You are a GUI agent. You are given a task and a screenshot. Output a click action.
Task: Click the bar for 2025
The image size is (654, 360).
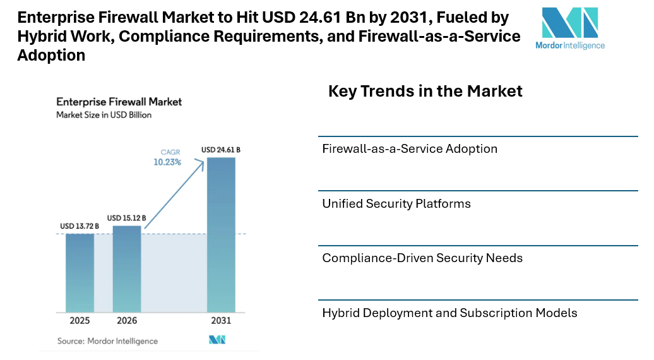pyautogui.click(x=80, y=273)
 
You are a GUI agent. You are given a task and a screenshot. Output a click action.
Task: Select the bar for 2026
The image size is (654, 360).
pyautogui.click(x=127, y=269)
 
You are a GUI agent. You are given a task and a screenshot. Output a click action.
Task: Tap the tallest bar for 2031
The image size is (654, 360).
pyautogui.click(x=221, y=235)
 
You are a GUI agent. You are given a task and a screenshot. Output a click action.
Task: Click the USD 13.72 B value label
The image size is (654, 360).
pyautogui.click(x=80, y=226)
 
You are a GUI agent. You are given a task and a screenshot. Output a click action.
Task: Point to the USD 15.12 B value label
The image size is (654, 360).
pyautogui.click(x=127, y=218)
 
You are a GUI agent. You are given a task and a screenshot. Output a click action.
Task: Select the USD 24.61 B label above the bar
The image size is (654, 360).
pyautogui.click(x=221, y=150)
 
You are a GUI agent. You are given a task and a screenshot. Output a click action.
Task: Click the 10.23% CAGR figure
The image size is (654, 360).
pyautogui.click(x=167, y=162)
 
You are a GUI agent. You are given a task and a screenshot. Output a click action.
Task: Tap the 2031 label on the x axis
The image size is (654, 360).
pyautogui.click(x=221, y=321)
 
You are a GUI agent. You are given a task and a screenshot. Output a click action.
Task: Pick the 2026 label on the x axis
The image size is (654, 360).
pyautogui.click(x=127, y=321)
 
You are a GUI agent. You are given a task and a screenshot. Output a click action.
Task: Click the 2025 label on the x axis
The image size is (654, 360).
pyautogui.click(x=80, y=321)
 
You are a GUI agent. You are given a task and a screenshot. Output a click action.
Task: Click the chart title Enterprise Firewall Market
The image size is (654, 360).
pyautogui.click(x=119, y=102)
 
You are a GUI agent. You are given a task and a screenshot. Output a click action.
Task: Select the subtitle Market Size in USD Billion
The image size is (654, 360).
pyautogui.click(x=104, y=115)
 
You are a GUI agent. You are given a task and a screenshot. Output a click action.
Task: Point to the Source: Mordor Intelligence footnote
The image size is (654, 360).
pyautogui.click(x=107, y=341)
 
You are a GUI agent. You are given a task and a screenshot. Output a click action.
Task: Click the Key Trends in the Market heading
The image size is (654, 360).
pyautogui.click(x=425, y=91)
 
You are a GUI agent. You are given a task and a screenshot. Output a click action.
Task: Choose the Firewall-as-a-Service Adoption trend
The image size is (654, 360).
pyautogui.click(x=410, y=149)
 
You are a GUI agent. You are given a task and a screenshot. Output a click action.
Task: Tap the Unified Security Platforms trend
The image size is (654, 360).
pyautogui.click(x=396, y=204)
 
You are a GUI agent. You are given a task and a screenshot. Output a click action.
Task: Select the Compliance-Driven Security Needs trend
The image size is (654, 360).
pyautogui.click(x=422, y=258)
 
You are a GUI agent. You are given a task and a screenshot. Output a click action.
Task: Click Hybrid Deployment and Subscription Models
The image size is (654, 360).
pyautogui.click(x=449, y=313)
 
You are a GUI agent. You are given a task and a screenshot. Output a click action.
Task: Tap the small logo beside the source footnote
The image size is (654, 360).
pyautogui.click(x=217, y=340)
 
